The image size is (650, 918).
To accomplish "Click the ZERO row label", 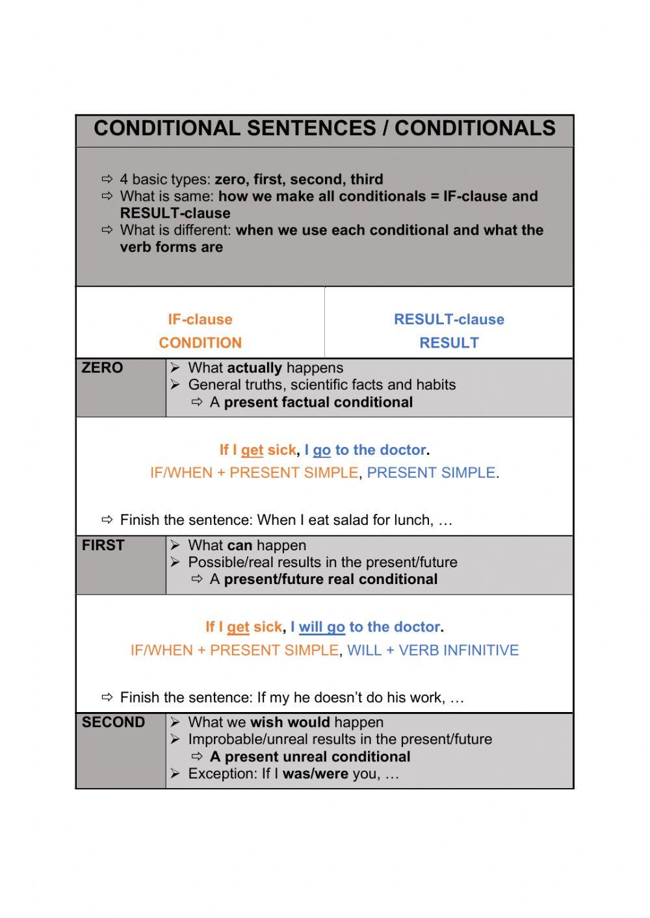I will (x=102, y=368).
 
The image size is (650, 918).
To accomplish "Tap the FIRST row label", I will (x=103, y=545).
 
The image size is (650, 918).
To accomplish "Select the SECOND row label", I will (x=113, y=722).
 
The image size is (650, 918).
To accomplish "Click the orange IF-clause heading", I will (x=200, y=319).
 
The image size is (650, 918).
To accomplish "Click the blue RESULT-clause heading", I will (x=448, y=319).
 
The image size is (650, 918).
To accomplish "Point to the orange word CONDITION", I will (x=200, y=342).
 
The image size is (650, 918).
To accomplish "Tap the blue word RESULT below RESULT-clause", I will (x=448, y=342).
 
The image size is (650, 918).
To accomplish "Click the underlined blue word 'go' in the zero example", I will (x=322, y=450).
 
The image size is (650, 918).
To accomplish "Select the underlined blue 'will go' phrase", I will (x=322, y=628).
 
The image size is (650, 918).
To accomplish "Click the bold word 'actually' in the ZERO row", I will (x=255, y=368).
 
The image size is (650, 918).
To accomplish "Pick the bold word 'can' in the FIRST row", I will (x=239, y=545).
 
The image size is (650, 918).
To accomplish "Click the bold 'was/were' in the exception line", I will (x=315, y=774).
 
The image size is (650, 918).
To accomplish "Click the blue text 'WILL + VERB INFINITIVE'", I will (x=433, y=650).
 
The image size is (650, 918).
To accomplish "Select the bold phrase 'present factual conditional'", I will (x=318, y=402).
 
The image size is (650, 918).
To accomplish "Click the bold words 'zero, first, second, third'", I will (x=299, y=179).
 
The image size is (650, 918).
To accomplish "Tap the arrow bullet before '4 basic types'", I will (x=107, y=179).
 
